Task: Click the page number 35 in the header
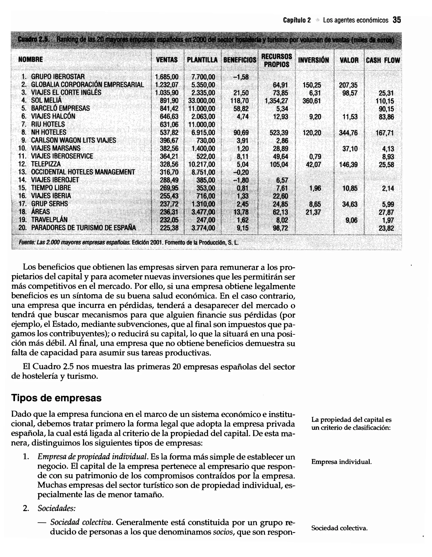(397, 20)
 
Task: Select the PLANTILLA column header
(202, 60)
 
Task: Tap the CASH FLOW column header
(383, 60)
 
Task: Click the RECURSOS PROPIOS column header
(277, 60)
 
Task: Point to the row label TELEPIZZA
(46, 164)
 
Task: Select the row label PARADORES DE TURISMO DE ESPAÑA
(83, 228)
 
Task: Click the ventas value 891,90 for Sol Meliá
(169, 101)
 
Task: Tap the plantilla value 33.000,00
(202, 101)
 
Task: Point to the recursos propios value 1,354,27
(277, 101)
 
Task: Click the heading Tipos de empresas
(56, 398)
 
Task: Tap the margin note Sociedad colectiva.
(339, 528)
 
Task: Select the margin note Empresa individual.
(341, 462)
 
